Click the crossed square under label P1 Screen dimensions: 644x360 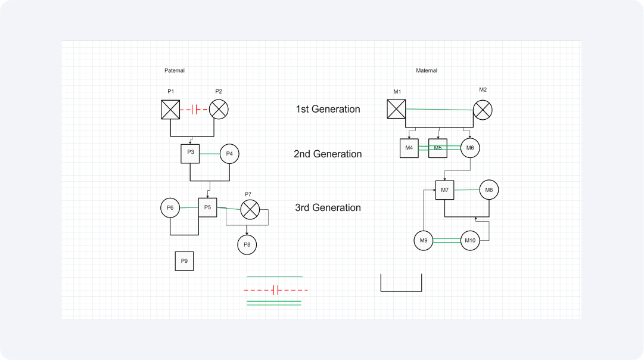tap(170, 110)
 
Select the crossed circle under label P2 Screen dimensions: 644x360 tap(219, 110)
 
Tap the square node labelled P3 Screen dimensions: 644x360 tap(190, 154)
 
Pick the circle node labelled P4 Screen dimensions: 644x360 tap(229, 154)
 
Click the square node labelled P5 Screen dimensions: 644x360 tap(207, 207)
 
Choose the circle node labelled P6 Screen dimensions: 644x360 tap(170, 208)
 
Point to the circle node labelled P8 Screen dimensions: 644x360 tap(247, 245)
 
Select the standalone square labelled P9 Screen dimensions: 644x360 tap(185, 261)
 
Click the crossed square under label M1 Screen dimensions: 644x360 tap(396, 109)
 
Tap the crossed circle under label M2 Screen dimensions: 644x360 tap(483, 110)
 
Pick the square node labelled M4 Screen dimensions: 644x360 tap(409, 148)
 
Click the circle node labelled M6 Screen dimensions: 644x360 tap(470, 148)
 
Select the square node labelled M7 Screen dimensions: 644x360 tap(445, 190)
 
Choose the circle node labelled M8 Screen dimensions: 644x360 tap(489, 190)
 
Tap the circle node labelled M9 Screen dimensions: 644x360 tap(424, 241)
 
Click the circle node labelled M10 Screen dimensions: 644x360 tap(470, 241)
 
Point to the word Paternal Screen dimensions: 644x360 tap(175, 71)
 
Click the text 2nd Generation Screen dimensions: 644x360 tap(328, 154)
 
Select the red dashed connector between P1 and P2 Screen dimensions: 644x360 tap(194, 110)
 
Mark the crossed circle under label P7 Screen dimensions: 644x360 tap(250, 210)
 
